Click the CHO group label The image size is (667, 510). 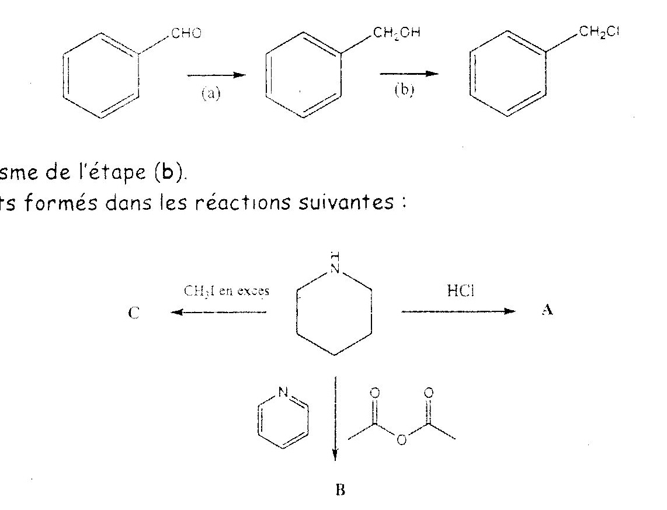coord(186,34)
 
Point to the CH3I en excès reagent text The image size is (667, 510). coord(227,292)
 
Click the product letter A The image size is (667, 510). coord(547,311)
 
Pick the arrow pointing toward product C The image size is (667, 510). coord(219,312)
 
